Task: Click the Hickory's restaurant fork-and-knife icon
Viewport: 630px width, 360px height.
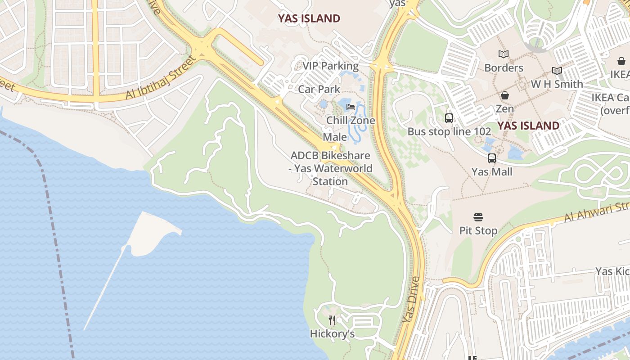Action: tap(332, 320)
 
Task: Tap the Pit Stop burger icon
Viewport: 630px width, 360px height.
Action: tap(478, 218)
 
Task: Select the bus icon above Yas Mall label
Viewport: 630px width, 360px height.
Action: tap(491, 158)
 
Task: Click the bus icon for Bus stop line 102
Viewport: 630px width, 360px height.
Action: tap(449, 118)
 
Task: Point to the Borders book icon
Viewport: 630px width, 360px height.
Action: tap(503, 54)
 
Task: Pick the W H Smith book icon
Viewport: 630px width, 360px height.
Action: tap(557, 71)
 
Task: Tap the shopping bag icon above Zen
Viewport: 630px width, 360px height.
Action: tap(504, 95)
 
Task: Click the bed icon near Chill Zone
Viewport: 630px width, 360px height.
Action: tap(351, 107)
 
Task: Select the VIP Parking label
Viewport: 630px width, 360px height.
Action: tap(330, 66)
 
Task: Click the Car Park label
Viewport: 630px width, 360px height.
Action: tap(319, 89)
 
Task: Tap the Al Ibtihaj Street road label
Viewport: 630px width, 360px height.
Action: tap(162, 77)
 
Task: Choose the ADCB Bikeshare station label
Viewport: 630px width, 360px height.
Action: tap(331, 168)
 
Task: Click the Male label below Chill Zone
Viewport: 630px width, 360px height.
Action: tap(335, 137)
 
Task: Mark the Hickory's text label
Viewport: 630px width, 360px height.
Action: tap(332, 334)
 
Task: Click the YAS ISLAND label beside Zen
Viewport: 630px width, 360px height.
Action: tap(528, 126)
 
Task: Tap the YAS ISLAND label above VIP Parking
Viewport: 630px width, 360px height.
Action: tap(309, 18)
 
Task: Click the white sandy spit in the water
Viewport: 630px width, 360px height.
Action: tap(153, 232)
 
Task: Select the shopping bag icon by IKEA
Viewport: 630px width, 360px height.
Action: tap(621, 61)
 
